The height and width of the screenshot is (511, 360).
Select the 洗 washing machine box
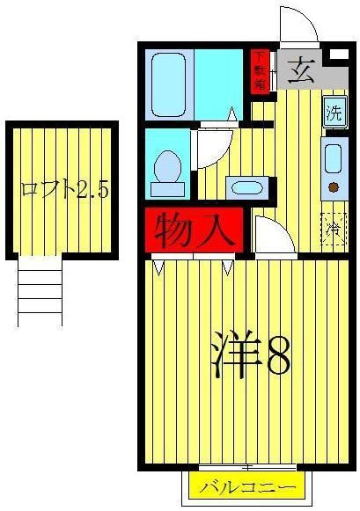[334, 113]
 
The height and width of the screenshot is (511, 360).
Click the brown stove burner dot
[334, 186]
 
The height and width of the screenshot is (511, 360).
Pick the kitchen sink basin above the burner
[334, 158]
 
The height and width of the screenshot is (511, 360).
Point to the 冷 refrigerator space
[334, 229]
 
